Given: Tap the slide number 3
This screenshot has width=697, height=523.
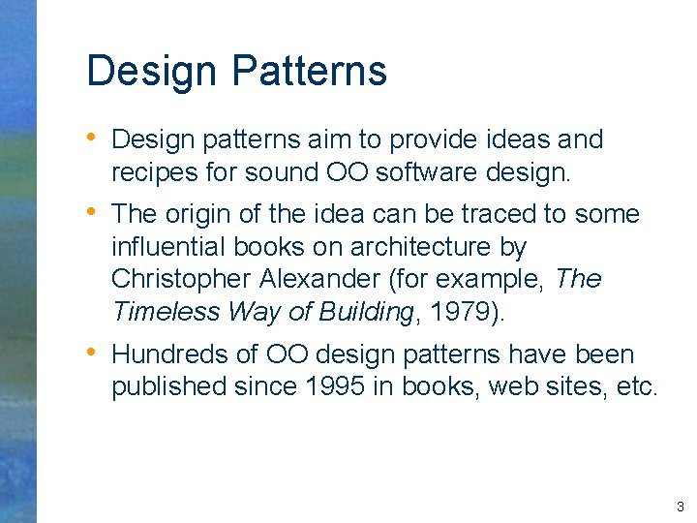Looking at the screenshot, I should click(681, 507).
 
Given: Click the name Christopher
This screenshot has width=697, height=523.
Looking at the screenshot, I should click(181, 279).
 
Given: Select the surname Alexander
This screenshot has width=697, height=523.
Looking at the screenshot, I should click(320, 279).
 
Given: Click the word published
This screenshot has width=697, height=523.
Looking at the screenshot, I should click(168, 387).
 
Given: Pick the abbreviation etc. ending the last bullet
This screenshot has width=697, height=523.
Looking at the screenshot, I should click(637, 387).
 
